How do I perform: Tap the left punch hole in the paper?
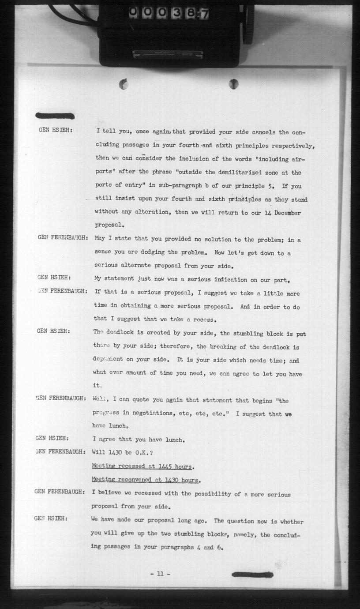click(x=124, y=84)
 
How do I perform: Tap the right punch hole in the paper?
click(x=233, y=83)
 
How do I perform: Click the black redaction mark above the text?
click(x=55, y=116)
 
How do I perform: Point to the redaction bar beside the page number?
click(x=252, y=575)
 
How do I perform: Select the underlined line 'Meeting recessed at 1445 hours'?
click(x=143, y=466)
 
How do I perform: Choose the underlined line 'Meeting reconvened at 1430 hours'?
click(x=146, y=480)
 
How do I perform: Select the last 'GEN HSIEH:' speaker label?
click(x=51, y=519)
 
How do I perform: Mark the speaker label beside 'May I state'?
click(x=62, y=237)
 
